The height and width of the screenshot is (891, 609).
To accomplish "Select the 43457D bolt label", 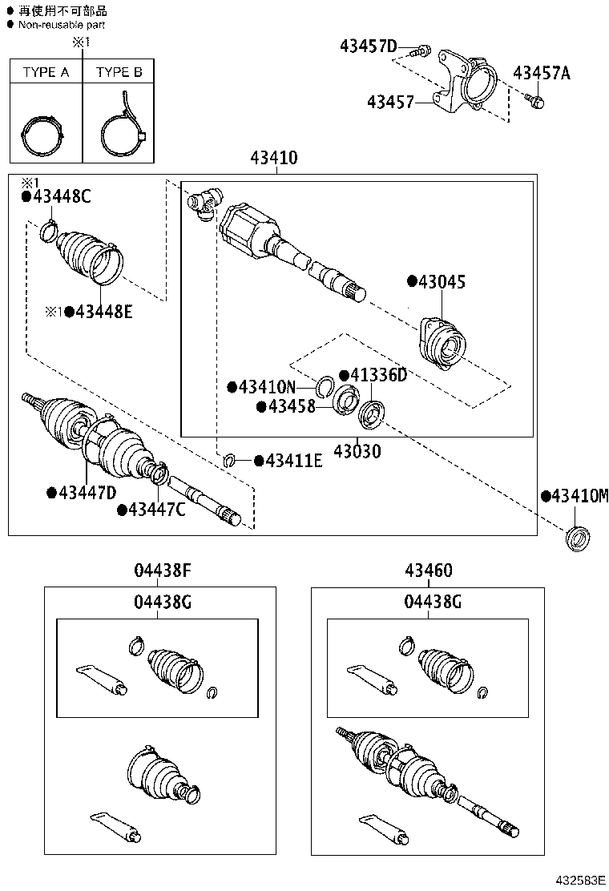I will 368,47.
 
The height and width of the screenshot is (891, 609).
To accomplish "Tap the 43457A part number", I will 542,74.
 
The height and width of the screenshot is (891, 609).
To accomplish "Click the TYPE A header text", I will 46,72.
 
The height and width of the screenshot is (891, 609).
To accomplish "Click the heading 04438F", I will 162,571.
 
